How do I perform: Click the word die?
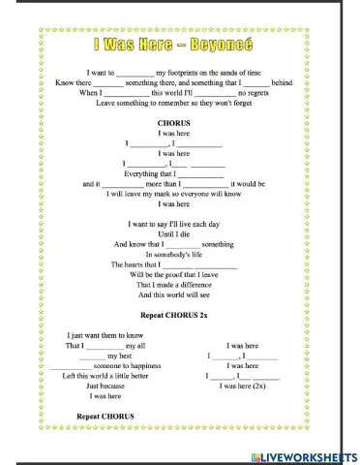(190, 233)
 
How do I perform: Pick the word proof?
(181, 274)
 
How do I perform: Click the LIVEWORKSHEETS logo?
(303, 454)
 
